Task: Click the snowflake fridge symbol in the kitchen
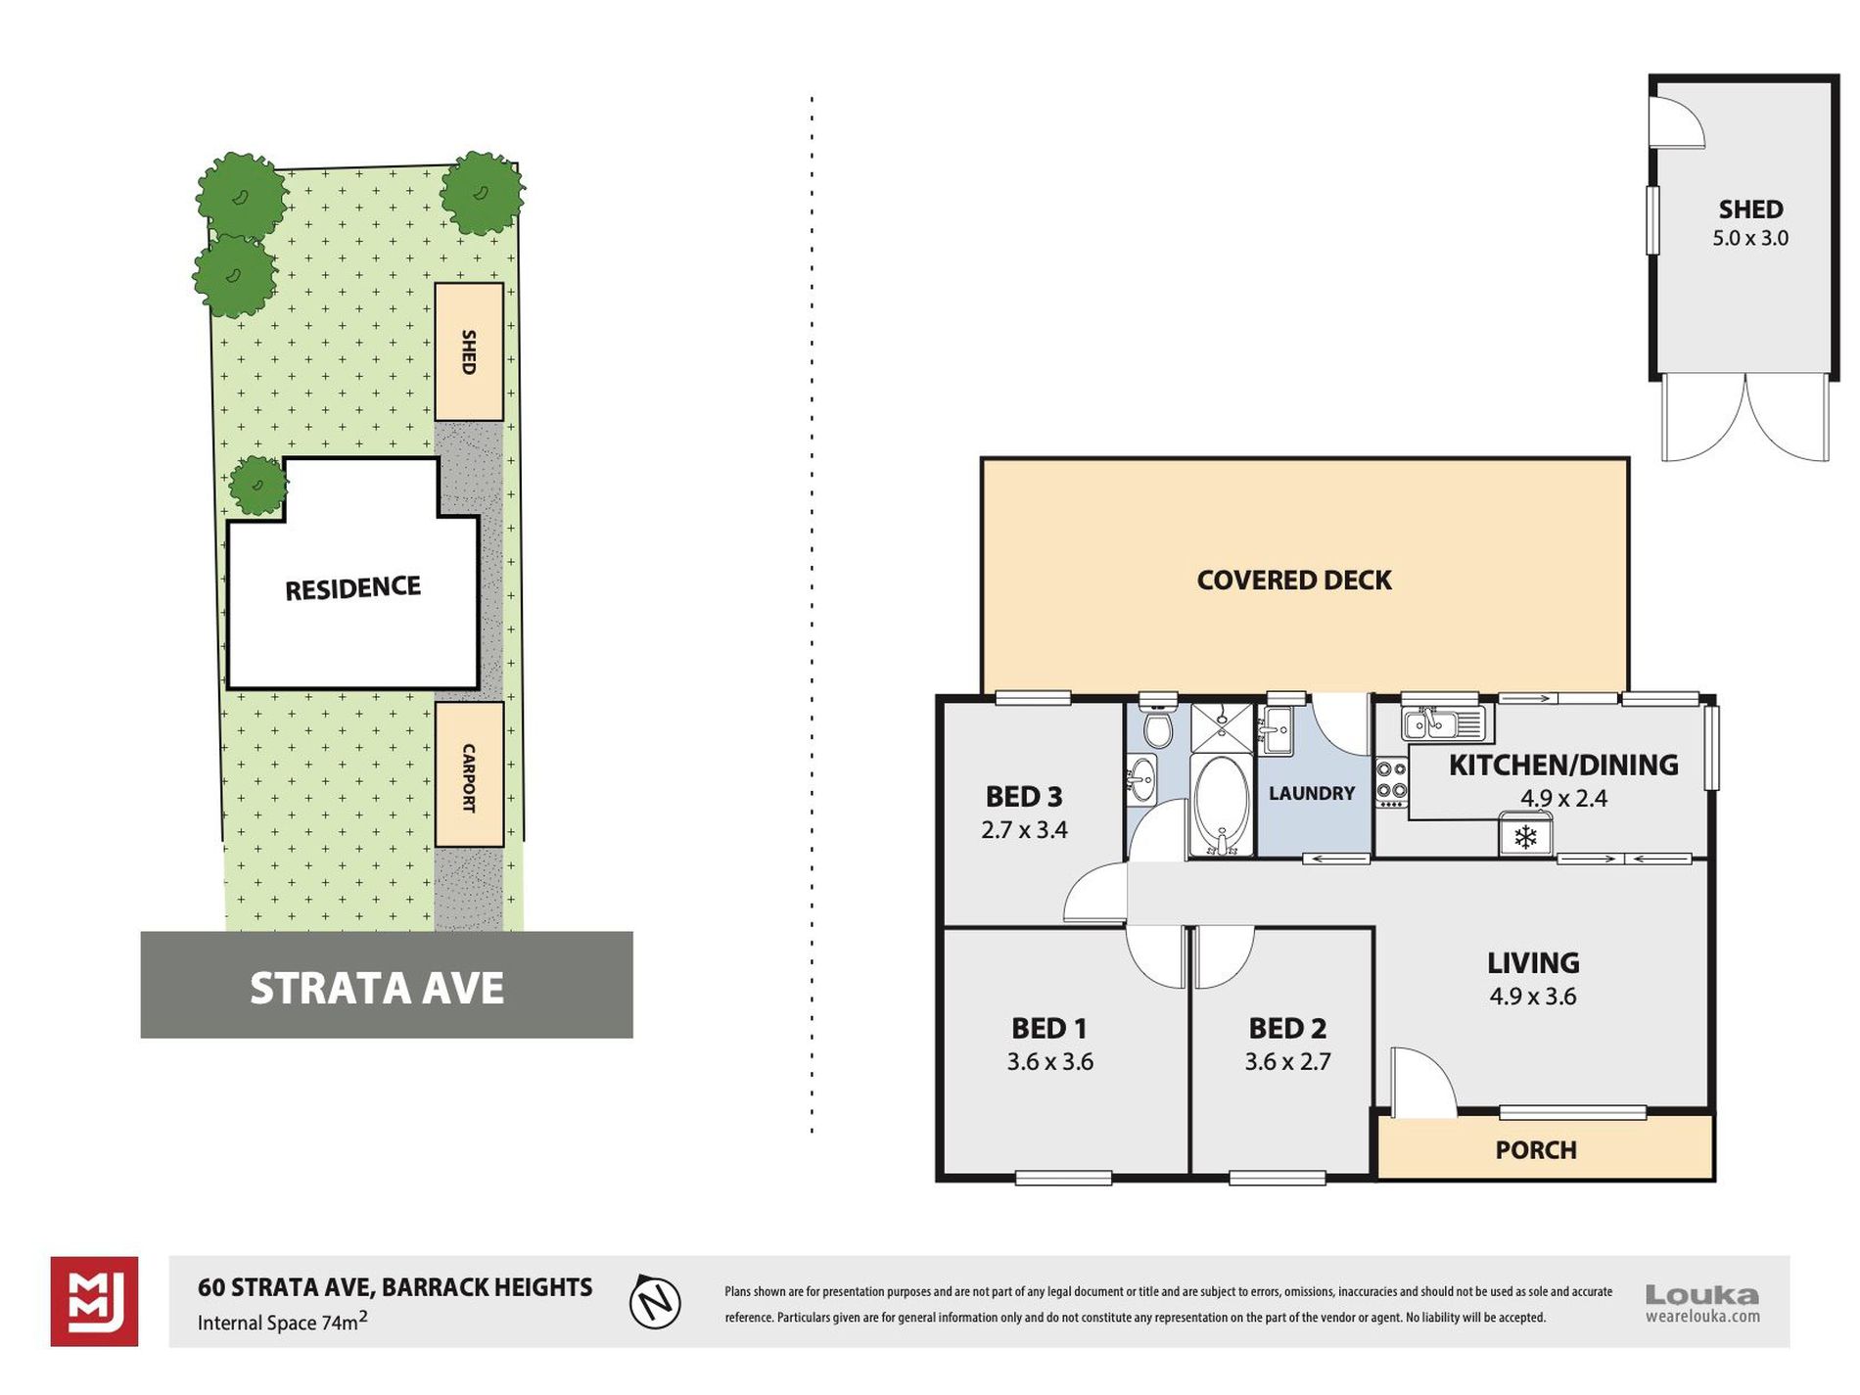pyautogui.click(x=1525, y=837)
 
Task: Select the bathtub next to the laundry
pyautogui.click(x=1221, y=806)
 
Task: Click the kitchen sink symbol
pyautogui.click(x=1444, y=724)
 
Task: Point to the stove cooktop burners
pyautogui.click(x=1391, y=782)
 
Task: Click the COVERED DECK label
pyautogui.click(x=1293, y=581)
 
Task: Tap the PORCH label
pyautogui.click(x=1535, y=1149)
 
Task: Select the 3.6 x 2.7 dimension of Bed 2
pyautogui.click(x=1287, y=1061)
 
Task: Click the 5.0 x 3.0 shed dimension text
pyautogui.click(x=1749, y=238)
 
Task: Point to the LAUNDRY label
pyautogui.click(x=1312, y=793)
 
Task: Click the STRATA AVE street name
pyautogui.click(x=377, y=988)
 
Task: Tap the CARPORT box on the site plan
pyautogui.click(x=470, y=774)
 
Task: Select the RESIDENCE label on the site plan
pyautogui.click(x=352, y=588)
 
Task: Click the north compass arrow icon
pyautogui.click(x=655, y=1301)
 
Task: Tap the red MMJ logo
pyautogui.click(x=94, y=1301)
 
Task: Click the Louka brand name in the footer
pyautogui.click(x=1701, y=1295)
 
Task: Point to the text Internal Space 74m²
pyautogui.click(x=282, y=1322)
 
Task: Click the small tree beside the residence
pyautogui.click(x=258, y=486)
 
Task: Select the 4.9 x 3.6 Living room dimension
pyautogui.click(x=1532, y=997)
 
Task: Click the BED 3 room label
pyautogui.click(x=1024, y=797)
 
